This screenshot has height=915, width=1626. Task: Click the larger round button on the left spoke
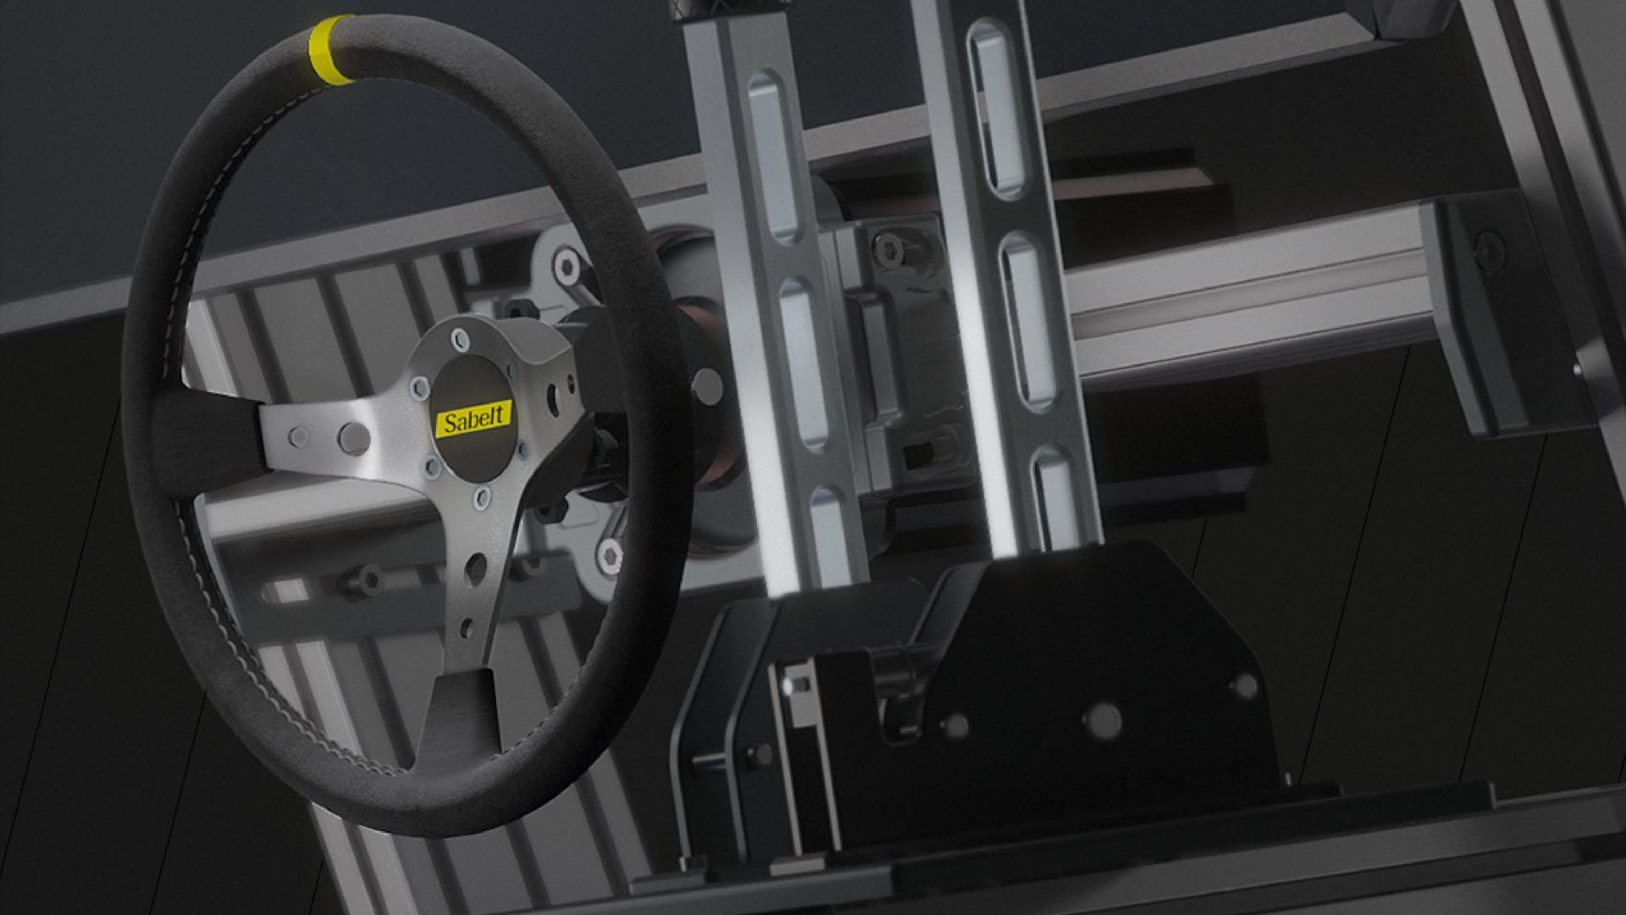tap(354, 436)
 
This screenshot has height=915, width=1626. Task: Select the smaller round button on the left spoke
tap(299, 437)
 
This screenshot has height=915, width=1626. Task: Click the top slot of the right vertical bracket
tap(996, 105)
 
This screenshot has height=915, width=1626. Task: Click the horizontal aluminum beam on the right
tap(1253, 288)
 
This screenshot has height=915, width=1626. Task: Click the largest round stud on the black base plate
tap(1101, 720)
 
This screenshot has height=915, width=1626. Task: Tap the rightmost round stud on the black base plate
tap(1244, 685)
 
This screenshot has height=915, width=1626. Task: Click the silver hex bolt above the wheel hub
tap(566, 266)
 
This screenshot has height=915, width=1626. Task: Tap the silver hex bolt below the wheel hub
tap(609, 557)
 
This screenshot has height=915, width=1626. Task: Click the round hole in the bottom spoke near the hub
tap(475, 566)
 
